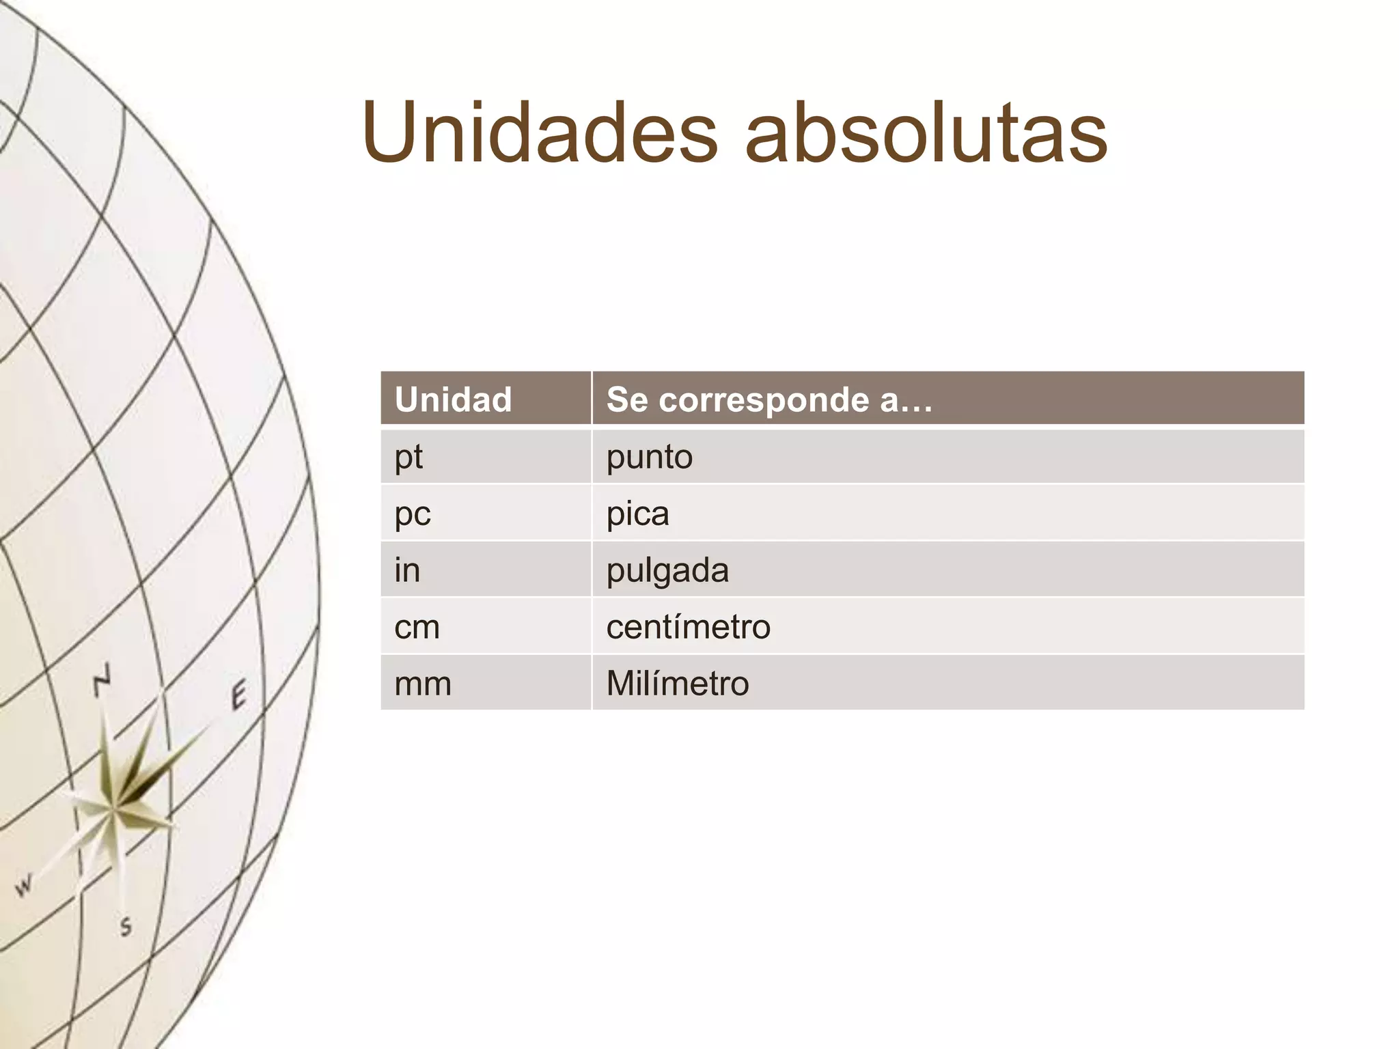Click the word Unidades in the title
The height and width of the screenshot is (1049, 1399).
pos(540,132)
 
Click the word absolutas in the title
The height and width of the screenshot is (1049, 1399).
pos(926,132)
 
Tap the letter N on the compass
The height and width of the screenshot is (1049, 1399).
pos(102,680)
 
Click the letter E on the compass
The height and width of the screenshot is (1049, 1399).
pos(238,696)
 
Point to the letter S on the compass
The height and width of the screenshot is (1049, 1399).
pos(126,927)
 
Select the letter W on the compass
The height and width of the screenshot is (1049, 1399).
pos(24,885)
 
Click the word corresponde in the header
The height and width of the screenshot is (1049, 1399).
pos(764,400)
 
